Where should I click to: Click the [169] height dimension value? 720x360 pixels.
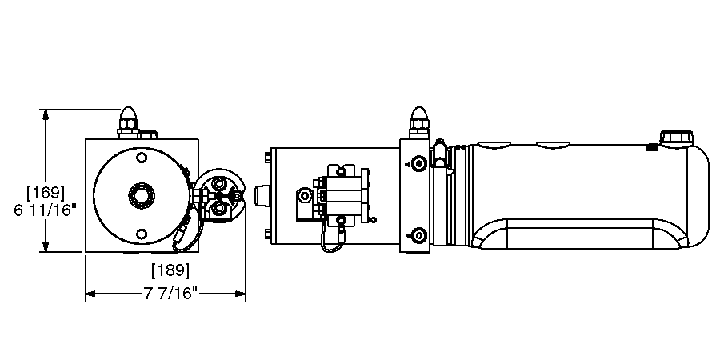click(46, 193)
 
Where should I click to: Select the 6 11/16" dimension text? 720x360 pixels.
click(46, 210)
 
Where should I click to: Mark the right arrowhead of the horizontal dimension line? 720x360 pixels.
click(241, 294)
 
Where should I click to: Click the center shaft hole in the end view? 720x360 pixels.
click(142, 194)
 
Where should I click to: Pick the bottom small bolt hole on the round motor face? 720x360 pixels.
click(142, 234)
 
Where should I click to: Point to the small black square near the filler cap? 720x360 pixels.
click(651, 146)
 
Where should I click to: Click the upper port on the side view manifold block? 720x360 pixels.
click(418, 163)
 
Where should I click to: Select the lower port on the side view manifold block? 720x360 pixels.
click(418, 235)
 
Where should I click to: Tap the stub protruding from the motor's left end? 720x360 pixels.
click(260, 195)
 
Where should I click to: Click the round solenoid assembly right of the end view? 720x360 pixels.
click(219, 194)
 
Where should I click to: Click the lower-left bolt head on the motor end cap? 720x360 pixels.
click(266, 233)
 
